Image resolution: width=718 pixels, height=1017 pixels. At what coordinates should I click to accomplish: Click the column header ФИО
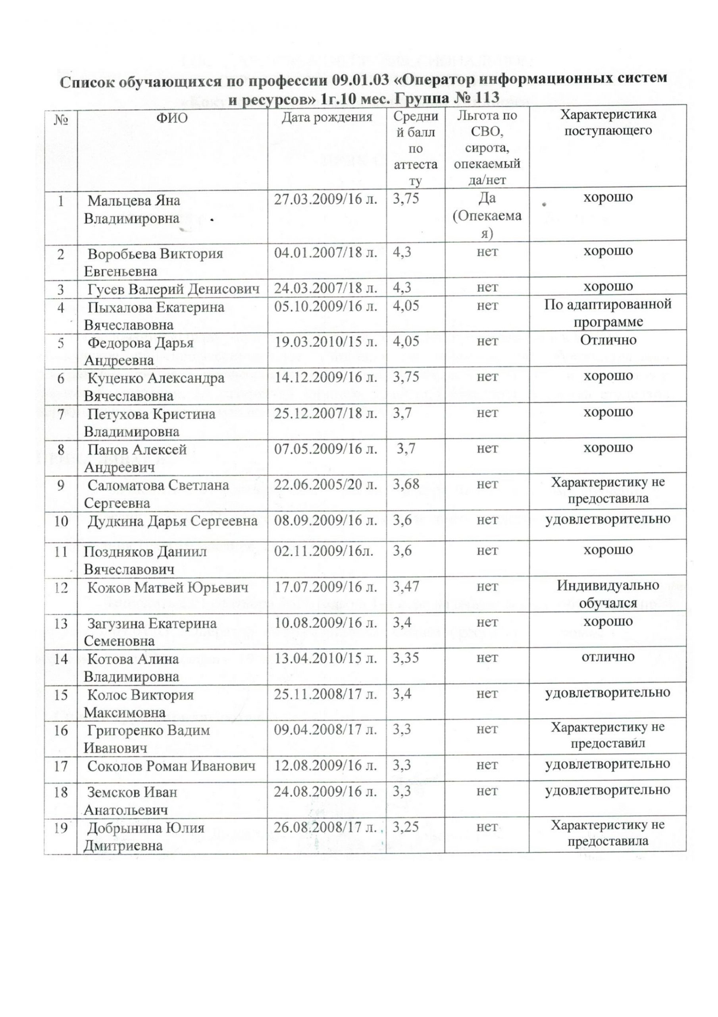point(172,118)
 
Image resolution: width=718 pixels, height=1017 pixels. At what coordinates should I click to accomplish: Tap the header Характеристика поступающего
point(608,123)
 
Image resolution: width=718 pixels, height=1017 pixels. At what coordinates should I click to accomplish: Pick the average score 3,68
point(406,484)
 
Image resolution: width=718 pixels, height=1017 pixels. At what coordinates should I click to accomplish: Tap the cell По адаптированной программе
point(608,313)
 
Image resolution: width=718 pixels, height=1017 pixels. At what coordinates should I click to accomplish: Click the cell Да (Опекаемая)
point(487,215)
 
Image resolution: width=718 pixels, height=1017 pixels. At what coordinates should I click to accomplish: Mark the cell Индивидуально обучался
point(608,594)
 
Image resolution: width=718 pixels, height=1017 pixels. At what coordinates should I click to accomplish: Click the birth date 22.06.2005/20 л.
point(326,485)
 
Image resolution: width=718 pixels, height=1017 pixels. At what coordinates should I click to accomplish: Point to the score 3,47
point(406,587)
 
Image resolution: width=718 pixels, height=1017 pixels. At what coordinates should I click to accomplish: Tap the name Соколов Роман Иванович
point(171,766)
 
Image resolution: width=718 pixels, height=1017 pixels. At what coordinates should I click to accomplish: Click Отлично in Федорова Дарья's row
point(608,340)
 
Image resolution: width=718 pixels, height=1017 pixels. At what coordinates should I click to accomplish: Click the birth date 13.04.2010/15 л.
point(326,659)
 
